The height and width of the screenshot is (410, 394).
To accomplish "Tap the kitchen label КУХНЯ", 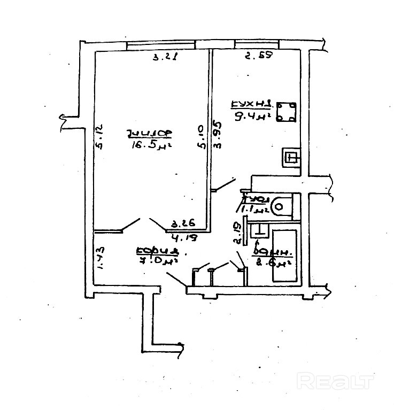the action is [252, 104].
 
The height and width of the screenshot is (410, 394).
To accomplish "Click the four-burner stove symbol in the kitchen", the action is [286, 112].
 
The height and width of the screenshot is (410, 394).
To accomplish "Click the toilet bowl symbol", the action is [280, 205].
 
